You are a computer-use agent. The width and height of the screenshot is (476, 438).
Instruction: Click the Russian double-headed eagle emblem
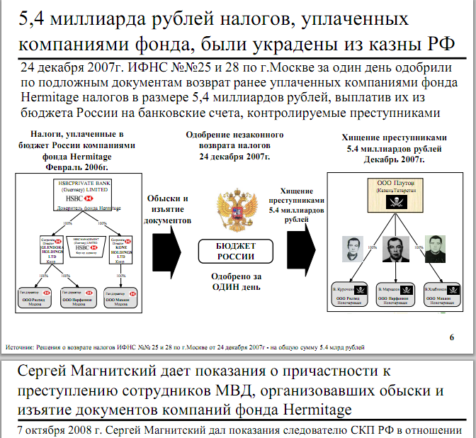click(234, 210)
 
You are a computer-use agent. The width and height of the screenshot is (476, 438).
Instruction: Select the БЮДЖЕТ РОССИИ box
click(234, 252)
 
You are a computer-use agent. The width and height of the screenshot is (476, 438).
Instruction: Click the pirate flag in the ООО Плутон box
click(390, 201)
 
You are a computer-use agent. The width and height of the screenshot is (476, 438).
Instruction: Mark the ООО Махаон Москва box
click(119, 296)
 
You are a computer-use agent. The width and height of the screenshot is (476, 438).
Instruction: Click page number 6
click(451, 336)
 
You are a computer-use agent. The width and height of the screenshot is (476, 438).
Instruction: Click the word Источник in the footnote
click(21, 348)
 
